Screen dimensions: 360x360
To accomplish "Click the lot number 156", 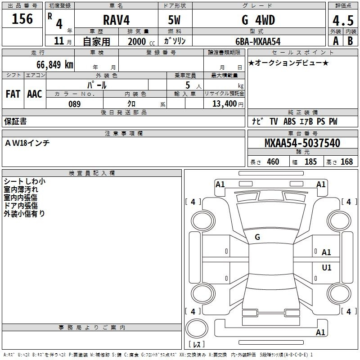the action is [x=22, y=19].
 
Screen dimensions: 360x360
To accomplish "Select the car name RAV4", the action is [x=116, y=20].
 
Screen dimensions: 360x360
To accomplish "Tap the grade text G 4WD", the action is [x=258, y=20].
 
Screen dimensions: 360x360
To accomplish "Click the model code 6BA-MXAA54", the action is [x=258, y=41].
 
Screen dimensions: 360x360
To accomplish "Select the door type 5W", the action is [x=175, y=20].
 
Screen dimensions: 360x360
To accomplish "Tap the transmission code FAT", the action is [x=13, y=94].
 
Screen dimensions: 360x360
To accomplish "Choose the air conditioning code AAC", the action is [x=35, y=94].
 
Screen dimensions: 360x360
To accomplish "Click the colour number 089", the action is [x=74, y=104].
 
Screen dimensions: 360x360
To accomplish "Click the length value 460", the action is [x=273, y=162].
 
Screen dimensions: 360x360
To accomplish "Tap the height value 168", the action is [x=346, y=162].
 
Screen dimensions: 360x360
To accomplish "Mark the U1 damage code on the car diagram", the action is [x=327, y=268].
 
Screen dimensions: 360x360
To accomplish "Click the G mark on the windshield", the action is [x=257, y=237].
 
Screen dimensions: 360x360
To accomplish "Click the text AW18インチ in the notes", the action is [x=27, y=143].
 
